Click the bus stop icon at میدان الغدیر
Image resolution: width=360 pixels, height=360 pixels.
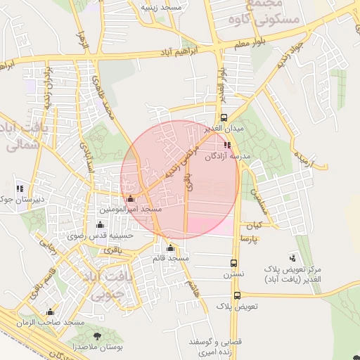pos(224,117)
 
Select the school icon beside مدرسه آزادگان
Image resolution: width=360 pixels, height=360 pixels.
pos(227,145)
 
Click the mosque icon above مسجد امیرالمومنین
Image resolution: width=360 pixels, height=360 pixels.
pos(130,198)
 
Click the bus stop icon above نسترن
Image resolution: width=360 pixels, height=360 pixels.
pos(233,264)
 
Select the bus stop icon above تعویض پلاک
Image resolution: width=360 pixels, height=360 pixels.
pos(237,295)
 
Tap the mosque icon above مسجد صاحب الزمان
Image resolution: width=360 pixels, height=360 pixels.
pos(49,312)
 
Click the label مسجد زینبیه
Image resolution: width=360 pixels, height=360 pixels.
pos(162,6)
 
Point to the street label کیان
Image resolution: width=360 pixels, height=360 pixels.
pos(253,226)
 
